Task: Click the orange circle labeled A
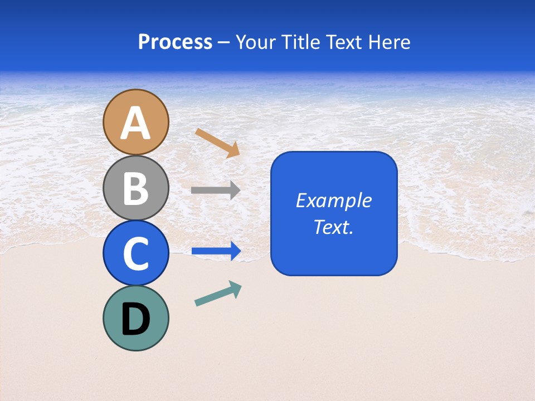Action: point(135,122)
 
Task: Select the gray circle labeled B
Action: point(135,188)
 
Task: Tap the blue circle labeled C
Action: point(135,253)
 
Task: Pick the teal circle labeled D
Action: point(135,318)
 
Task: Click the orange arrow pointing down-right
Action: point(217,143)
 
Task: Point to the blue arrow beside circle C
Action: point(216,251)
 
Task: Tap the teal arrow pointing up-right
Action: point(218,294)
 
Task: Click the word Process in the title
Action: point(175,42)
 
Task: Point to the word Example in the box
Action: point(333,200)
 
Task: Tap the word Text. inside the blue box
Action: point(333,227)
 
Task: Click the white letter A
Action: point(135,123)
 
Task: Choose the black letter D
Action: point(135,319)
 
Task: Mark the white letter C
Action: point(135,254)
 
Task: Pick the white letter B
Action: point(135,189)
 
